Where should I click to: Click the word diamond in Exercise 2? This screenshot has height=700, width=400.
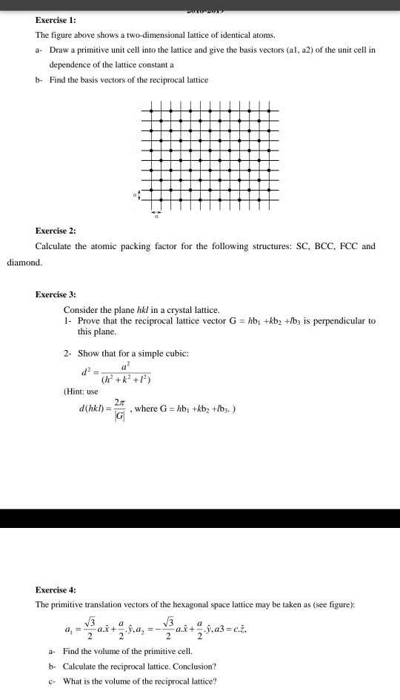[x=24, y=262]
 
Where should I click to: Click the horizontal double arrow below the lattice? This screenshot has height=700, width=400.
[x=156, y=211]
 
